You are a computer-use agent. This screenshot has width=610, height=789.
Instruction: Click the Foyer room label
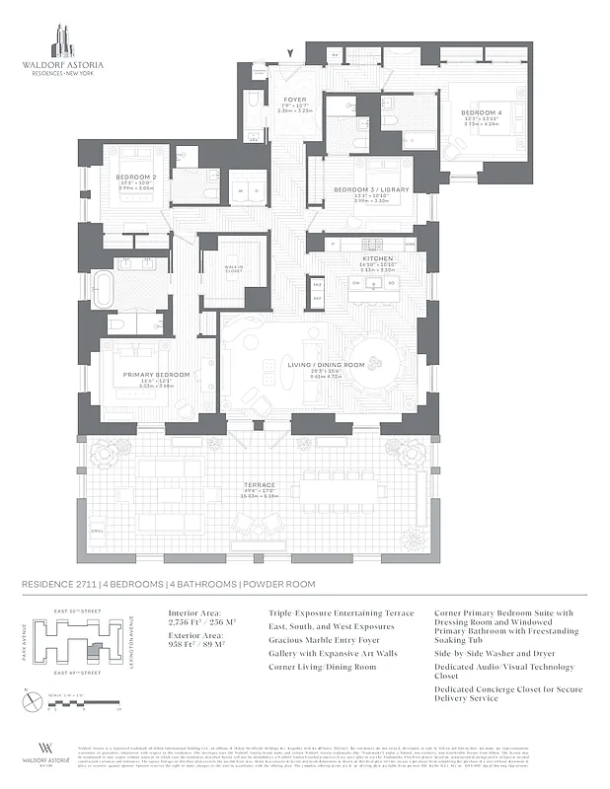pos(294,100)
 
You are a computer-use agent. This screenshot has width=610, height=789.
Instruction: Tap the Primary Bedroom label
pos(148,376)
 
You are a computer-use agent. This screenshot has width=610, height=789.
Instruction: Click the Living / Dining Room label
pos(326,365)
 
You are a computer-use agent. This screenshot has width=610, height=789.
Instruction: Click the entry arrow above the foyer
pos(288,53)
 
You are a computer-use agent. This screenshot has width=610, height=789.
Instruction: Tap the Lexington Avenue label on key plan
pos(132,645)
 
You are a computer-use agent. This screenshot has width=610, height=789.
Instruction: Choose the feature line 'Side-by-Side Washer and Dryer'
pos(491,680)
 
